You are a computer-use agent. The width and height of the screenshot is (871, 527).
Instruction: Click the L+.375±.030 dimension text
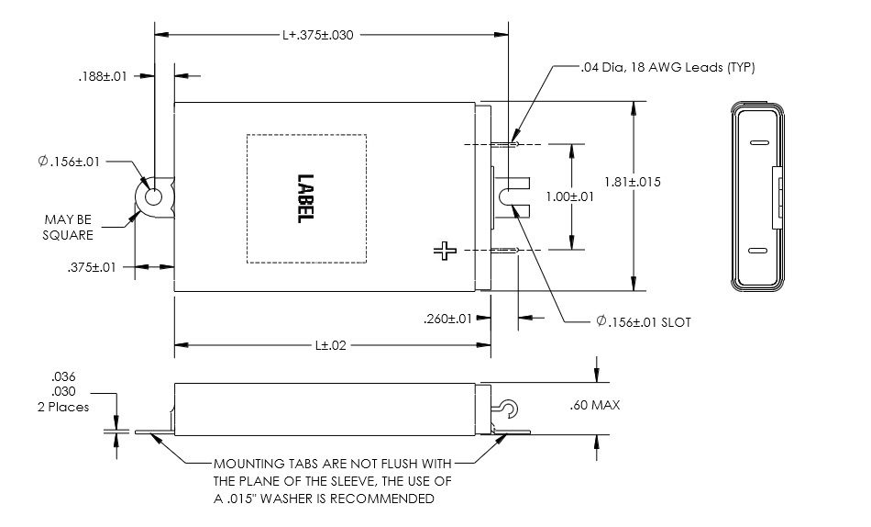click(x=317, y=35)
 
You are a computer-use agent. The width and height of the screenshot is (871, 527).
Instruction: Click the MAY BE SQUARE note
click(x=69, y=227)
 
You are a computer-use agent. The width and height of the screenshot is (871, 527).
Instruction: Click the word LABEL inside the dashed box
click(x=305, y=198)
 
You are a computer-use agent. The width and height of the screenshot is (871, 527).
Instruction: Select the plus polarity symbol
click(x=446, y=250)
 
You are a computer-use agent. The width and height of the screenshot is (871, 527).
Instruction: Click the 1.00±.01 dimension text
click(x=570, y=196)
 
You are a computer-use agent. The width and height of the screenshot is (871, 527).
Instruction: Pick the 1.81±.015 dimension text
click(x=658, y=182)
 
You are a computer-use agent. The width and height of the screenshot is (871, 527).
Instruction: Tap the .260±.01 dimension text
click(x=448, y=320)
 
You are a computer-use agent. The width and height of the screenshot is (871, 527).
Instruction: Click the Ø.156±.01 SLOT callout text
click(x=642, y=321)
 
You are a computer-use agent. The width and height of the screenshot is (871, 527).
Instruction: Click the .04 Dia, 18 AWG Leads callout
click(x=667, y=67)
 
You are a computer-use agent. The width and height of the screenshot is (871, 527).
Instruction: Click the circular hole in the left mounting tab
click(x=153, y=196)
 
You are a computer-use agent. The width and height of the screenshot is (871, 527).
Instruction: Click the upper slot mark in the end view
click(x=756, y=144)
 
